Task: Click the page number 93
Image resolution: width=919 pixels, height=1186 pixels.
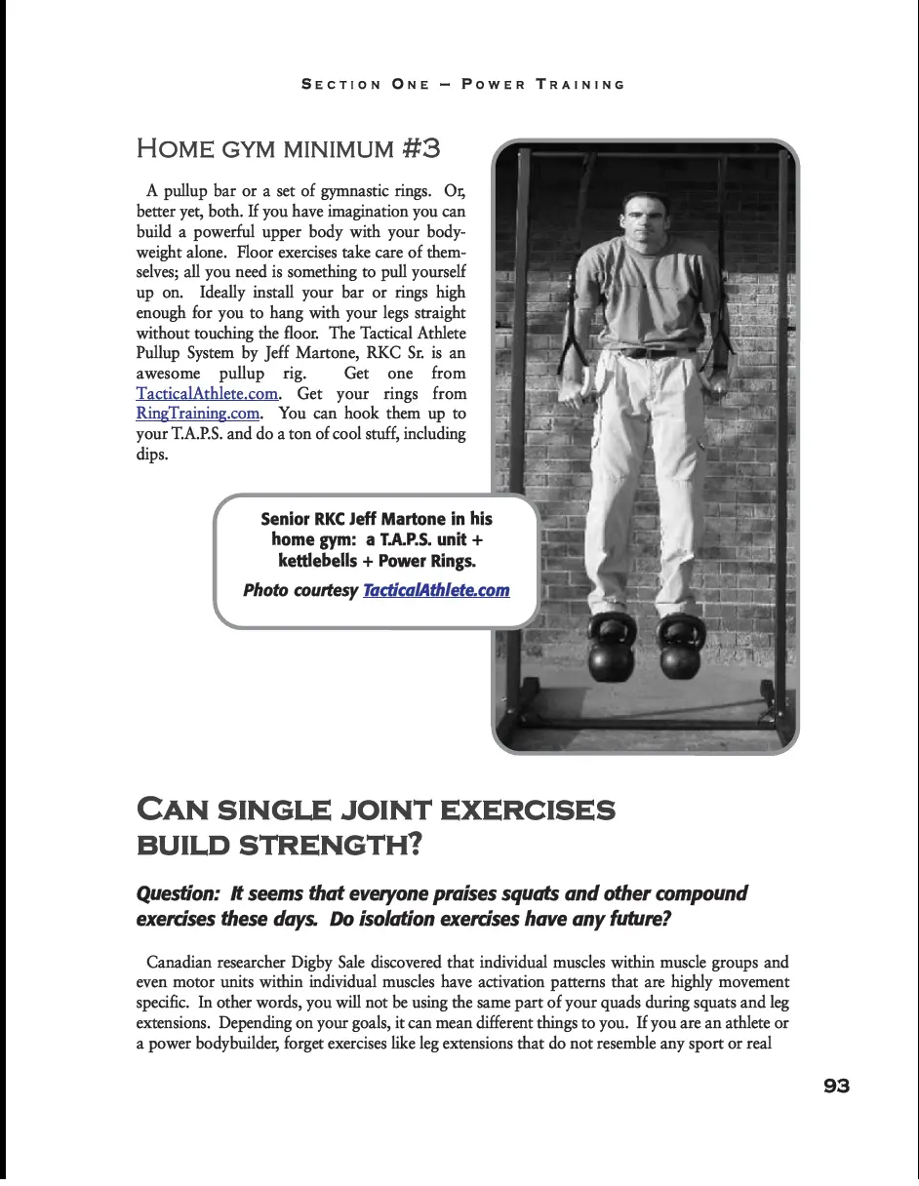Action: pyautogui.click(x=836, y=1087)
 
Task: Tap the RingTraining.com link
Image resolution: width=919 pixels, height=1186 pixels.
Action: pyautogui.click(x=198, y=414)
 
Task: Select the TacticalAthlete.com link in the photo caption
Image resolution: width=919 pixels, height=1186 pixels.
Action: pyautogui.click(x=436, y=590)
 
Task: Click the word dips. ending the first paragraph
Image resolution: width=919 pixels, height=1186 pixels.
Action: pyautogui.click(x=152, y=455)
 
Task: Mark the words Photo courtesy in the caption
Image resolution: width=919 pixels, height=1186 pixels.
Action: pyautogui.click(x=300, y=590)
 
